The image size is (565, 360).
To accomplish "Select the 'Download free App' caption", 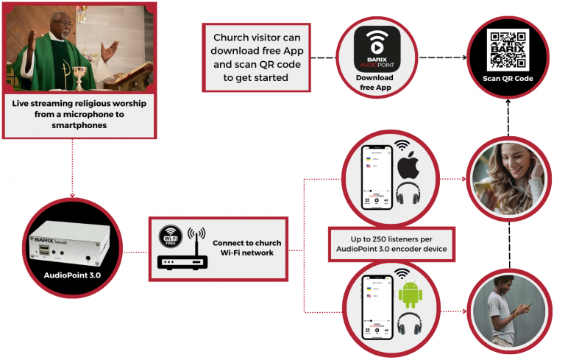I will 374,82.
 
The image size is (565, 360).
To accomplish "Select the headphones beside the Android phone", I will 411,325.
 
